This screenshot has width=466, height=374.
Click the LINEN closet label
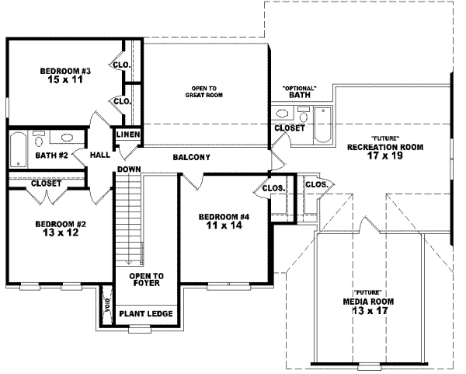[127, 135]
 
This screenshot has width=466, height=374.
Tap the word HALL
[100, 155]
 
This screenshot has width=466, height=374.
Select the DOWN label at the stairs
[128, 169]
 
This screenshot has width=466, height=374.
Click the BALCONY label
[191, 157]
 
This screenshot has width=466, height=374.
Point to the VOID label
[107, 303]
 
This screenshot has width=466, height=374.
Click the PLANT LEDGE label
[146, 314]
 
